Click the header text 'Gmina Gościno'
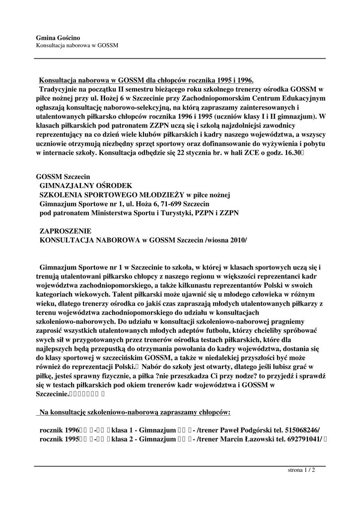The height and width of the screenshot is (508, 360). click(58, 38)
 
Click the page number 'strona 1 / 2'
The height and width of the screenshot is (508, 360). click(301, 470)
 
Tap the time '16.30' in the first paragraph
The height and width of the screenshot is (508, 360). click(289, 153)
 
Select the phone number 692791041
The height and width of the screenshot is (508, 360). click(304, 440)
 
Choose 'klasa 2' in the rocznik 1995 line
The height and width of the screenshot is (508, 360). click(123, 440)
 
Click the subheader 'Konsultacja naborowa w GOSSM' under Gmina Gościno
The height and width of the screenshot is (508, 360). click(77, 46)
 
